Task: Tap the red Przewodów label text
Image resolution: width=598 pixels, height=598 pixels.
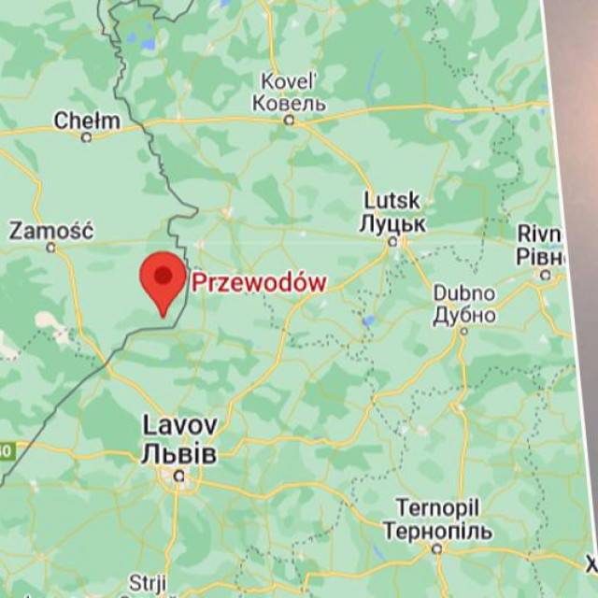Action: click(259, 282)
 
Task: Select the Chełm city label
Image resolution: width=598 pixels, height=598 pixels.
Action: click(87, 121)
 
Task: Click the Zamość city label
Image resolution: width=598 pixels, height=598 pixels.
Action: click(50, 230)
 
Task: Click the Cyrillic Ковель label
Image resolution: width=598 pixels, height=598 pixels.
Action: click(289, 103)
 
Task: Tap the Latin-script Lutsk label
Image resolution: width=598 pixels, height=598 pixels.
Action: click(392, 202)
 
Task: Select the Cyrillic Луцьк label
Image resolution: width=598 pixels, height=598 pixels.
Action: click(392, 224)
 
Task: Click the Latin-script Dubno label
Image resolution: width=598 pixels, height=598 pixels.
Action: click(464, 293)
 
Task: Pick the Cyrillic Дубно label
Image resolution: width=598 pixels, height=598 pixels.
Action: click(464, 315)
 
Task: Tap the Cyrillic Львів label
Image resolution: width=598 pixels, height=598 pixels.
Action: click(178, 454)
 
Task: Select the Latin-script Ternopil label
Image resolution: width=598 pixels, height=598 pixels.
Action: click(437, 508)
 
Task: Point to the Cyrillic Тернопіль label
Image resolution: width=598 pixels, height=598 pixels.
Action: click(437, 531)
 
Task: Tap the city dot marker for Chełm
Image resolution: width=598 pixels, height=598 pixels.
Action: click(87, 137)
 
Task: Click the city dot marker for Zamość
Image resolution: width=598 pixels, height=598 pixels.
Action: click(52, 248)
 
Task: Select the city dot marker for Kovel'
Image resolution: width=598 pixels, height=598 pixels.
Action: click(290, 121)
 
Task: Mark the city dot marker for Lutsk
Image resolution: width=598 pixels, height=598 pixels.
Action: click(393, 241)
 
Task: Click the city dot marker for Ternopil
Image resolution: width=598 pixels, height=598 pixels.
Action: click(437, 548)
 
